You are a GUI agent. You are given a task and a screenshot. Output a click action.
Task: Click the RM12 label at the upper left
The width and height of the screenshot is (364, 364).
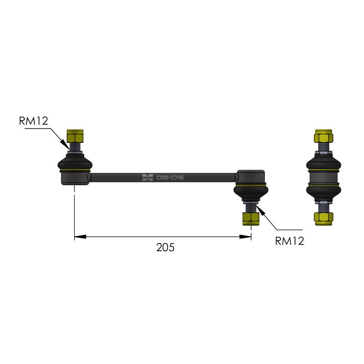33,121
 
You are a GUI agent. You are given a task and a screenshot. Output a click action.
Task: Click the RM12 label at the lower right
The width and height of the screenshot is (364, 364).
289,241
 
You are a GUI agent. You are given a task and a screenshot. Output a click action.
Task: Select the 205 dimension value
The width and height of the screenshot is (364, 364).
165,248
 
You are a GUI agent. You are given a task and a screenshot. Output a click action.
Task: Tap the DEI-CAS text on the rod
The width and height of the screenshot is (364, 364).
170,178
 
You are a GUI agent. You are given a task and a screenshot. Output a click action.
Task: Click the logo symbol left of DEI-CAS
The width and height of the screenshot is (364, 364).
147,177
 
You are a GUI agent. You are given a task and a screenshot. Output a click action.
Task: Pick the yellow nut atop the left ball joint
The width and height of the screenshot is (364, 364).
75,136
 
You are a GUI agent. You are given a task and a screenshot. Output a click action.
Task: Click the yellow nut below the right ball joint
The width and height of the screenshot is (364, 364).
251,219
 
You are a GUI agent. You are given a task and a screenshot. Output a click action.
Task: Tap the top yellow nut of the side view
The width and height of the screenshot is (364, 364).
324,136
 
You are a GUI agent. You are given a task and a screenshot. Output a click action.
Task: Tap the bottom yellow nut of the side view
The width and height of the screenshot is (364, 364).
324,219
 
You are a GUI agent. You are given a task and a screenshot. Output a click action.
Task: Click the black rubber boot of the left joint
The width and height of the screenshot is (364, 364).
75,164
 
